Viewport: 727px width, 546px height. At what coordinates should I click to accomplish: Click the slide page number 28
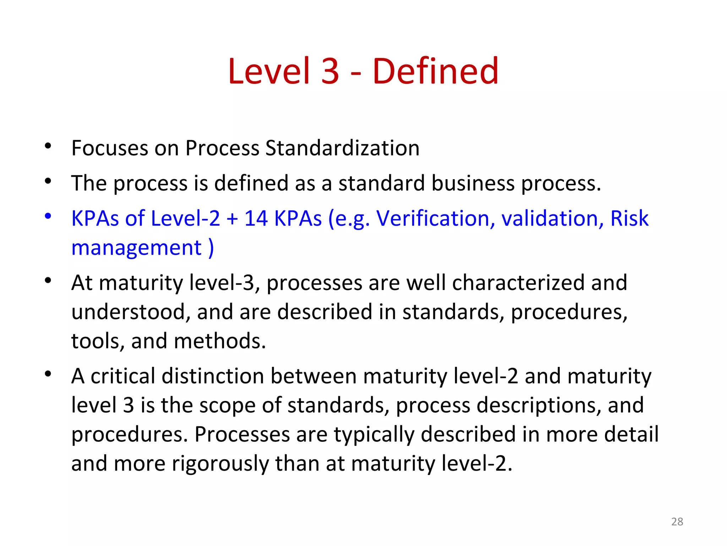tap(677, 521)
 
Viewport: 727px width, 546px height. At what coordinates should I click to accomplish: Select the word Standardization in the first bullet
tap(342, 148)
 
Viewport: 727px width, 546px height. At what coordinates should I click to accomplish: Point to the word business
tap(473, 183)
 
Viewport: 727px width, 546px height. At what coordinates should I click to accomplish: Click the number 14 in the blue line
tap(256, 218)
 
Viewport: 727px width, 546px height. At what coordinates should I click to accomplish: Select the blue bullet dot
tap(48, 216)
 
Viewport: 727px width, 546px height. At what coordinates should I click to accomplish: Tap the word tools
tap(98, 341)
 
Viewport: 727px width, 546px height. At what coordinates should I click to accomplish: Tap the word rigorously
tap(220, 464)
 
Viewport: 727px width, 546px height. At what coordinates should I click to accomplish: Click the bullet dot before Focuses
tap(48, 146)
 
